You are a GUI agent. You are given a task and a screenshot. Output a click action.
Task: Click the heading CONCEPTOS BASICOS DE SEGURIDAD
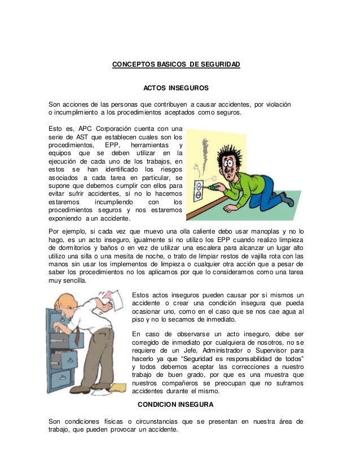[176, 65]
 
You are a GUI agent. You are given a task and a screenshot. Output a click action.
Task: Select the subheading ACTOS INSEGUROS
[176, 89]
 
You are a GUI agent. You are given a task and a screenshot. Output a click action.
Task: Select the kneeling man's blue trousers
[263, 195]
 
